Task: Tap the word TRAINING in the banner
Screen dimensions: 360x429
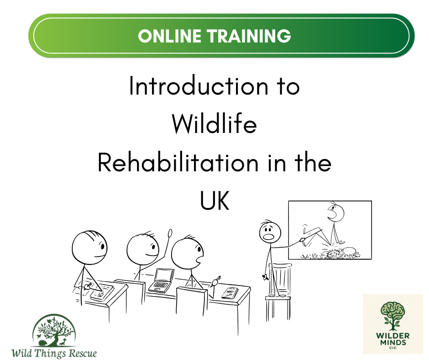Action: (x=250, y=36)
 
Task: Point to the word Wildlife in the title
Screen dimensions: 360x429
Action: (x=214, y=124)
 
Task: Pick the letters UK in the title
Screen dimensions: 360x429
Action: (x=214, y=201)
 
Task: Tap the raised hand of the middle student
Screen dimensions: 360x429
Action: (x=170, y=233)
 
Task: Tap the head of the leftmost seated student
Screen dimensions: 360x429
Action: (x=89, y=247)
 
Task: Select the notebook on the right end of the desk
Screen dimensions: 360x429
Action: (x=230, y=292)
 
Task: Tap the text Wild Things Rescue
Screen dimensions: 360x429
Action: (x=54, y=353)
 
